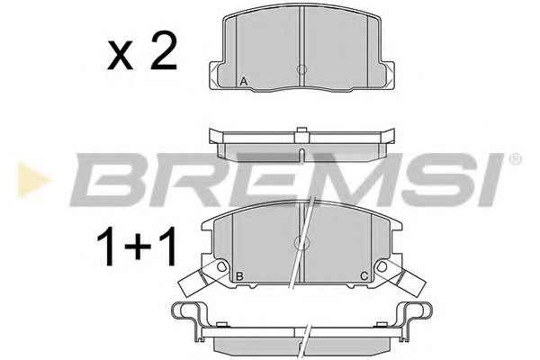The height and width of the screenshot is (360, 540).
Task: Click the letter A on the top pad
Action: [x=244, y=82]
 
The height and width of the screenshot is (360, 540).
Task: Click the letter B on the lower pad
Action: [x=239, y=276]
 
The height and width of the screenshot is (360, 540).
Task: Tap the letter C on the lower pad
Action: [x=364, y=275]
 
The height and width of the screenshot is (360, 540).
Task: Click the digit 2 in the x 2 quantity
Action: [x=164, y=50]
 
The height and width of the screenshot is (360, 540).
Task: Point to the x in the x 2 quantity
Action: [x=121, y=56]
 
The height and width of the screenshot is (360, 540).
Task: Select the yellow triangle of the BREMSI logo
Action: [x=33, y=180]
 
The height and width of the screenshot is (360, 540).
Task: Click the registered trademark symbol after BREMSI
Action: [x=515, y=160]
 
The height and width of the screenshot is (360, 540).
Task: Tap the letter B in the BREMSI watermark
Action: [x=113, y=180]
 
